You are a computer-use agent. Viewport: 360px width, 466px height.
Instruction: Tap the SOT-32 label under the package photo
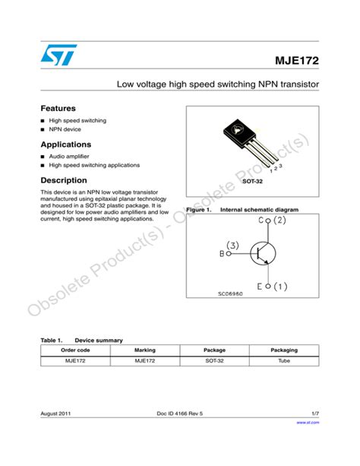pyautogui.click(x=252, y=182)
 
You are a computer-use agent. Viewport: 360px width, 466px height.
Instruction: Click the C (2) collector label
pyautogui.click(x=272, y=221)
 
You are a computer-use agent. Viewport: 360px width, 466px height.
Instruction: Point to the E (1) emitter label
pyautogui.click(x=272, y=287)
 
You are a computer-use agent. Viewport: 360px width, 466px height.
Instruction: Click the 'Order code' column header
pyautogui.click(x=75, y=350)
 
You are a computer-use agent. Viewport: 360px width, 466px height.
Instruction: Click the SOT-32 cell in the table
pyautogui.click(x=215, y=361)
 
